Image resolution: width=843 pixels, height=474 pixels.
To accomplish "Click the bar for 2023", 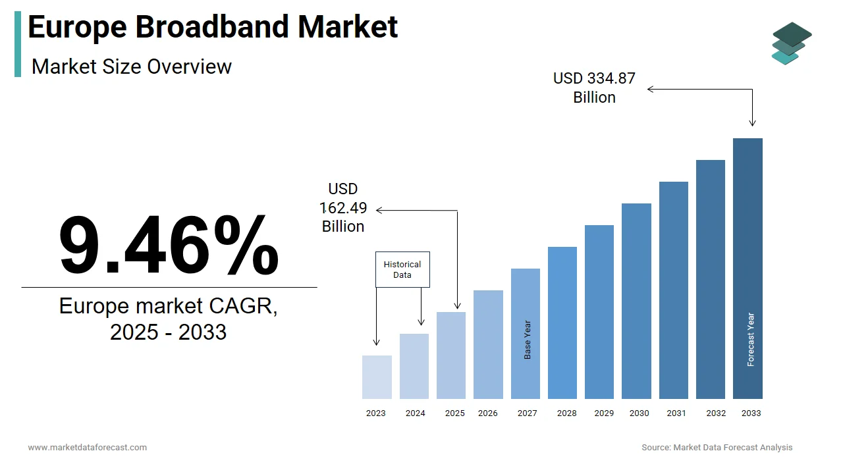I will (x=377, y=377).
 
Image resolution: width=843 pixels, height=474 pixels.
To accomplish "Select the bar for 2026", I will (x=488, y=344).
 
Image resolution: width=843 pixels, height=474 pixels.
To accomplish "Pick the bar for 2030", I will (x=636, y=301).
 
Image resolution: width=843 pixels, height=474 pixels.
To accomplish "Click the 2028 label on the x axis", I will (x=566, y=413).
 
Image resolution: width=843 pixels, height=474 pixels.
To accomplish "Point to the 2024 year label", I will (x=415, y=413).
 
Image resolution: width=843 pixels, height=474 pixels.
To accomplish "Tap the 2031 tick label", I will (x=676, y=413).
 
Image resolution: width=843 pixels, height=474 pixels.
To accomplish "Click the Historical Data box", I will (x=402, y=269).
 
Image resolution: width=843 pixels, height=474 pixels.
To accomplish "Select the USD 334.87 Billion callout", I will (x=594, y=88).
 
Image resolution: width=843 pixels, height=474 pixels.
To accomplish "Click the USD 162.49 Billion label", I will (x=343, y=208).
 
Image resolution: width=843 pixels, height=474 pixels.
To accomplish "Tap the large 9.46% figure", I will (x=169, y=245).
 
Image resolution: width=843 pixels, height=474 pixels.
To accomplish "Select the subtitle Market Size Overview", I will (x=132, y=66).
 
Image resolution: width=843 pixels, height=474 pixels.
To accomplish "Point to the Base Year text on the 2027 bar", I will (x=528, y=340).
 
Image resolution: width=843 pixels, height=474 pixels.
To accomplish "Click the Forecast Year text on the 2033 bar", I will (x=751, y=339).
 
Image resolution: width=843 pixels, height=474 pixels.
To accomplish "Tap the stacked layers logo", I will (x=792, y=43).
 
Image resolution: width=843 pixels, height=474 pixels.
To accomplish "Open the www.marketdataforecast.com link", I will (x=88, y=448).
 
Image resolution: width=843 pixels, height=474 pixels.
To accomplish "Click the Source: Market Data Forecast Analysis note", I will (x=717, y=448).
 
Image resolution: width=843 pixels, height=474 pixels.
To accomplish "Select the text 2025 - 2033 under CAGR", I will (x=169, y=332).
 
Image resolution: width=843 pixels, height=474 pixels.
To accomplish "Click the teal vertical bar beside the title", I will (x=18, y=43).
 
